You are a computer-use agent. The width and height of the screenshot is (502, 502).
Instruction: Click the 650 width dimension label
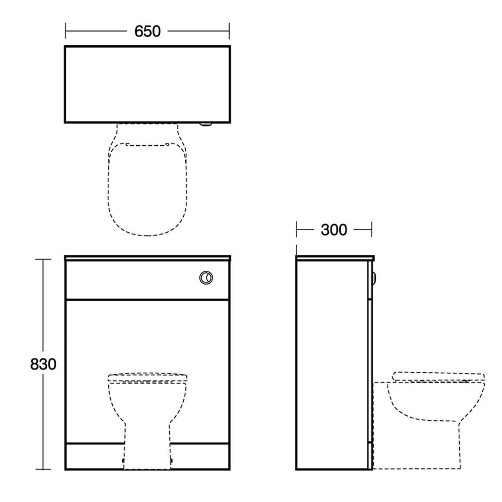(147, 32)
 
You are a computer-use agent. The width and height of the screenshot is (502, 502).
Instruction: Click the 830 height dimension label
(43, 364)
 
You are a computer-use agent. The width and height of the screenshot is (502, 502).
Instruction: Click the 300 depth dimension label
(334, 230)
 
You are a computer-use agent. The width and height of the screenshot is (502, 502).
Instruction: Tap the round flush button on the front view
(206, 277)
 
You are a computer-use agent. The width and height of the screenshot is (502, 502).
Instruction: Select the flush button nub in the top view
(206, 124)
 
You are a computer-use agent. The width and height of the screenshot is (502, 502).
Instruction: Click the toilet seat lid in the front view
(147, 377)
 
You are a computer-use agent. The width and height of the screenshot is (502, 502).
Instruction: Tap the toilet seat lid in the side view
(438, 376)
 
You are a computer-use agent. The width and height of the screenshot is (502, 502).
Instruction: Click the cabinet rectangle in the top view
(147, 84)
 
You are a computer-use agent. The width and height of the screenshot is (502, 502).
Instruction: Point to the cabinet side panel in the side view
(332, 363)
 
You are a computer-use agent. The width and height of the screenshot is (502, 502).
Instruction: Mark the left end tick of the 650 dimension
(66, 31)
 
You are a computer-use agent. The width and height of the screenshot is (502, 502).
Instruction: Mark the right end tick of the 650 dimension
(229, 31)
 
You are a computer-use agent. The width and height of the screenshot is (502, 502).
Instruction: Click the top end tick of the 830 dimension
(43, 260)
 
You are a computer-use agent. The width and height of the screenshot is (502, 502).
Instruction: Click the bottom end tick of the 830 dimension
(43, 469)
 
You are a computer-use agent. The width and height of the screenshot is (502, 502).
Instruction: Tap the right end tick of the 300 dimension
(371, 230)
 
